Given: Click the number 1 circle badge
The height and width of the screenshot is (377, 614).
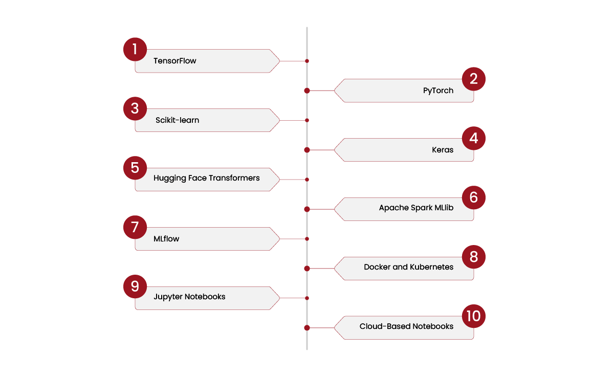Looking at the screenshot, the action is [x=135, y=49].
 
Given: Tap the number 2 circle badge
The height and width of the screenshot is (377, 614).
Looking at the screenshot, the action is [x=473, y=79].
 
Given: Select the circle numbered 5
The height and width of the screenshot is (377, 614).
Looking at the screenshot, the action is [x=135, y=168].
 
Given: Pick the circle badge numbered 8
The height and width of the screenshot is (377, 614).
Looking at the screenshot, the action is [x=473, y=257].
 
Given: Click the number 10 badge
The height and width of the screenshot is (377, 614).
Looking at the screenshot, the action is [x=473, y=316].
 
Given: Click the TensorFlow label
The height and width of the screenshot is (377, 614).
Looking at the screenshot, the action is [x=174, y=61].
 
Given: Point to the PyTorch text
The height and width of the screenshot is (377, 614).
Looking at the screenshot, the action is [x=438, y=91].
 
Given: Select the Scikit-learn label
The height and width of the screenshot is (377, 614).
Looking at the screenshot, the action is [x=177, y=120].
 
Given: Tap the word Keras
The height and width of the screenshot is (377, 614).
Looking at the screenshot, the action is [x=443, y=150].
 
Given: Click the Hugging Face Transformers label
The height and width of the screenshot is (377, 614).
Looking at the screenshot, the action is [x=206, y=179].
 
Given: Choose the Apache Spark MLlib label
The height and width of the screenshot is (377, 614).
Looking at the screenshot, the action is [x=416, y=208].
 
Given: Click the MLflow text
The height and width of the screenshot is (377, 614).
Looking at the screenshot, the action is [x=166, y=239].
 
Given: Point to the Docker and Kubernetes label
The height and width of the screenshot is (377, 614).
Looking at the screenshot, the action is [x=408, y=267].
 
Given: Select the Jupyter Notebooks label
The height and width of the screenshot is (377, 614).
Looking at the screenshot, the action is [x=189, y=297].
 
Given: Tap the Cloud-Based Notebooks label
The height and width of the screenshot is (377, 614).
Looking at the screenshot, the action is [x=406, y=326].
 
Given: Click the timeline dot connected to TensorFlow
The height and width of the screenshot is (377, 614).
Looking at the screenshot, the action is [x=306, y=61].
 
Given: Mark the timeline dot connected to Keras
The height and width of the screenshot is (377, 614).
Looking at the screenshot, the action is [x=306, y=150].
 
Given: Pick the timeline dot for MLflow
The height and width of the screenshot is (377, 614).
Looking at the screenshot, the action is [x=306, y=239].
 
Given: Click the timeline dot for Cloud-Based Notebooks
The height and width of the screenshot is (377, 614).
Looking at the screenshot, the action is [x=306, y=328].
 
